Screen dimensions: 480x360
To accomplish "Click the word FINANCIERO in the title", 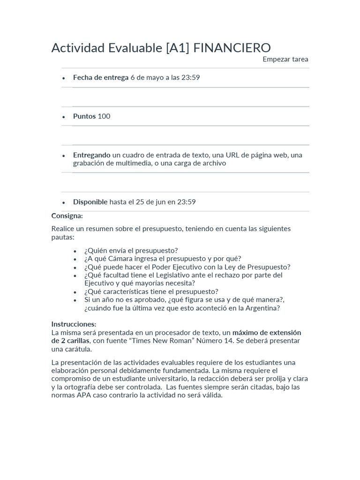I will tap(232, 48).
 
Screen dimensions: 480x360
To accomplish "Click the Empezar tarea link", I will tap(285, 59).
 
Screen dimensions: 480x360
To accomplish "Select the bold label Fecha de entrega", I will tap(100, 77).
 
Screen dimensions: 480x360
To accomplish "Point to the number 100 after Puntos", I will tap(104, 116).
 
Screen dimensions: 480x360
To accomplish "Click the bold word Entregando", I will tap(92, 155).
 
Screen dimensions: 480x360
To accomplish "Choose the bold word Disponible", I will tap(90, 202).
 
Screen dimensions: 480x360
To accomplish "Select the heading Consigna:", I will tap(67, 216).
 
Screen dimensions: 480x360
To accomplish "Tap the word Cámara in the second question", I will tap(121, 258).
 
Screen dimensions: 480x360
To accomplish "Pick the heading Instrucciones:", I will tap(74, 324).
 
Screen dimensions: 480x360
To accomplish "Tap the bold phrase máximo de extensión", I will tap(267, 332).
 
